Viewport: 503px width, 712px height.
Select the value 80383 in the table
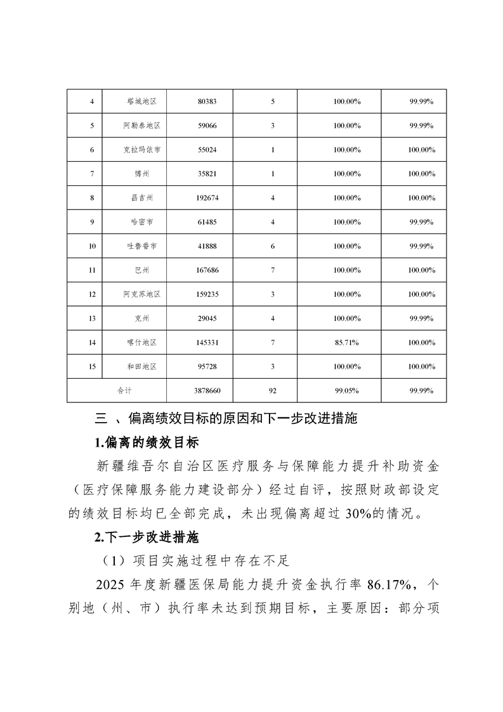[x=207, y=102]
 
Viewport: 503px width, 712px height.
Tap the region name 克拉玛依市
[x=141, y=150]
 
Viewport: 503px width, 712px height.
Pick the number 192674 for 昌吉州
[x=207, y=198]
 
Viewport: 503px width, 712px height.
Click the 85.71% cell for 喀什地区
[x=347, y=343]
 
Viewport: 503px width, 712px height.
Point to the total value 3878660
[x=207, y=391]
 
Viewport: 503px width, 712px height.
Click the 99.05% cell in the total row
[x=347, y=391]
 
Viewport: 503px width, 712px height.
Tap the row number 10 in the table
[x=93, y=246]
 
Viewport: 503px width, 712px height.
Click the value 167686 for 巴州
[x=207, y=270]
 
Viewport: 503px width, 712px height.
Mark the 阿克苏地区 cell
[x=141, y=294]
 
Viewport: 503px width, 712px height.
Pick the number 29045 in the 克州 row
[x=207, y=319]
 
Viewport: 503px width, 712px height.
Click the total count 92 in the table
[x=272, y=391]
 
